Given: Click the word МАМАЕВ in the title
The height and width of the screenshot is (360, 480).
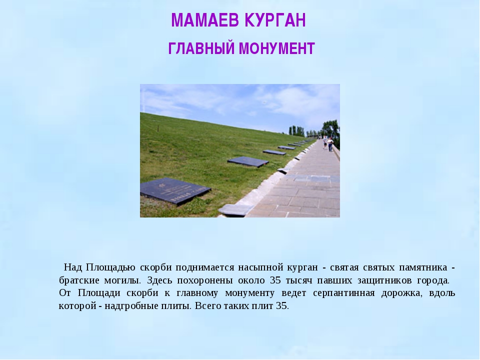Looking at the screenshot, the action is pyautogui.click(x=205, y=20).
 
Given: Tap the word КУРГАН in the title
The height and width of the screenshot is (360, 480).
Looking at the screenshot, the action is pyautogui.click(x=275, y=20).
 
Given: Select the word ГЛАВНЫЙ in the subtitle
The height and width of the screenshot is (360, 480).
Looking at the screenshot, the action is pyautogui.click(x=201, y=48).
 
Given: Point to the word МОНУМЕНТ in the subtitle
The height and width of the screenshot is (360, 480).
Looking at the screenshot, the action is pyautogui.click(x=277, y=48).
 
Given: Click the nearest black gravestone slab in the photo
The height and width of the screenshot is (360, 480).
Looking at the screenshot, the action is pyautogui.click(x=175, y=190).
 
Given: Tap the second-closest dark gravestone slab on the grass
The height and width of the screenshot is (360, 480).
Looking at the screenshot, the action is pyautogui.click(x=248, y=161).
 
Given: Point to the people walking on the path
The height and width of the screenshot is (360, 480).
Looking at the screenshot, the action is pyautogui.click(x=328, y=143).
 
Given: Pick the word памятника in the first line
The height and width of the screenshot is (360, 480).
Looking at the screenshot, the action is pyautogui.click(x=423, y=267).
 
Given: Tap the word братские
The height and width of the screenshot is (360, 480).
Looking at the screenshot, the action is pyautogui.click(x=79, y=280).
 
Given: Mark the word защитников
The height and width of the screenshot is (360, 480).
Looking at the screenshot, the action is pyautogui.click(x=385, y=280).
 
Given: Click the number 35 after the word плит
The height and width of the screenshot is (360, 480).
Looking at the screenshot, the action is pyautogui.click(x=282, y=306).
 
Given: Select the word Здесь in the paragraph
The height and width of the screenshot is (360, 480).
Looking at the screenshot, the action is pyautogui.click(x=157, y=280).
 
